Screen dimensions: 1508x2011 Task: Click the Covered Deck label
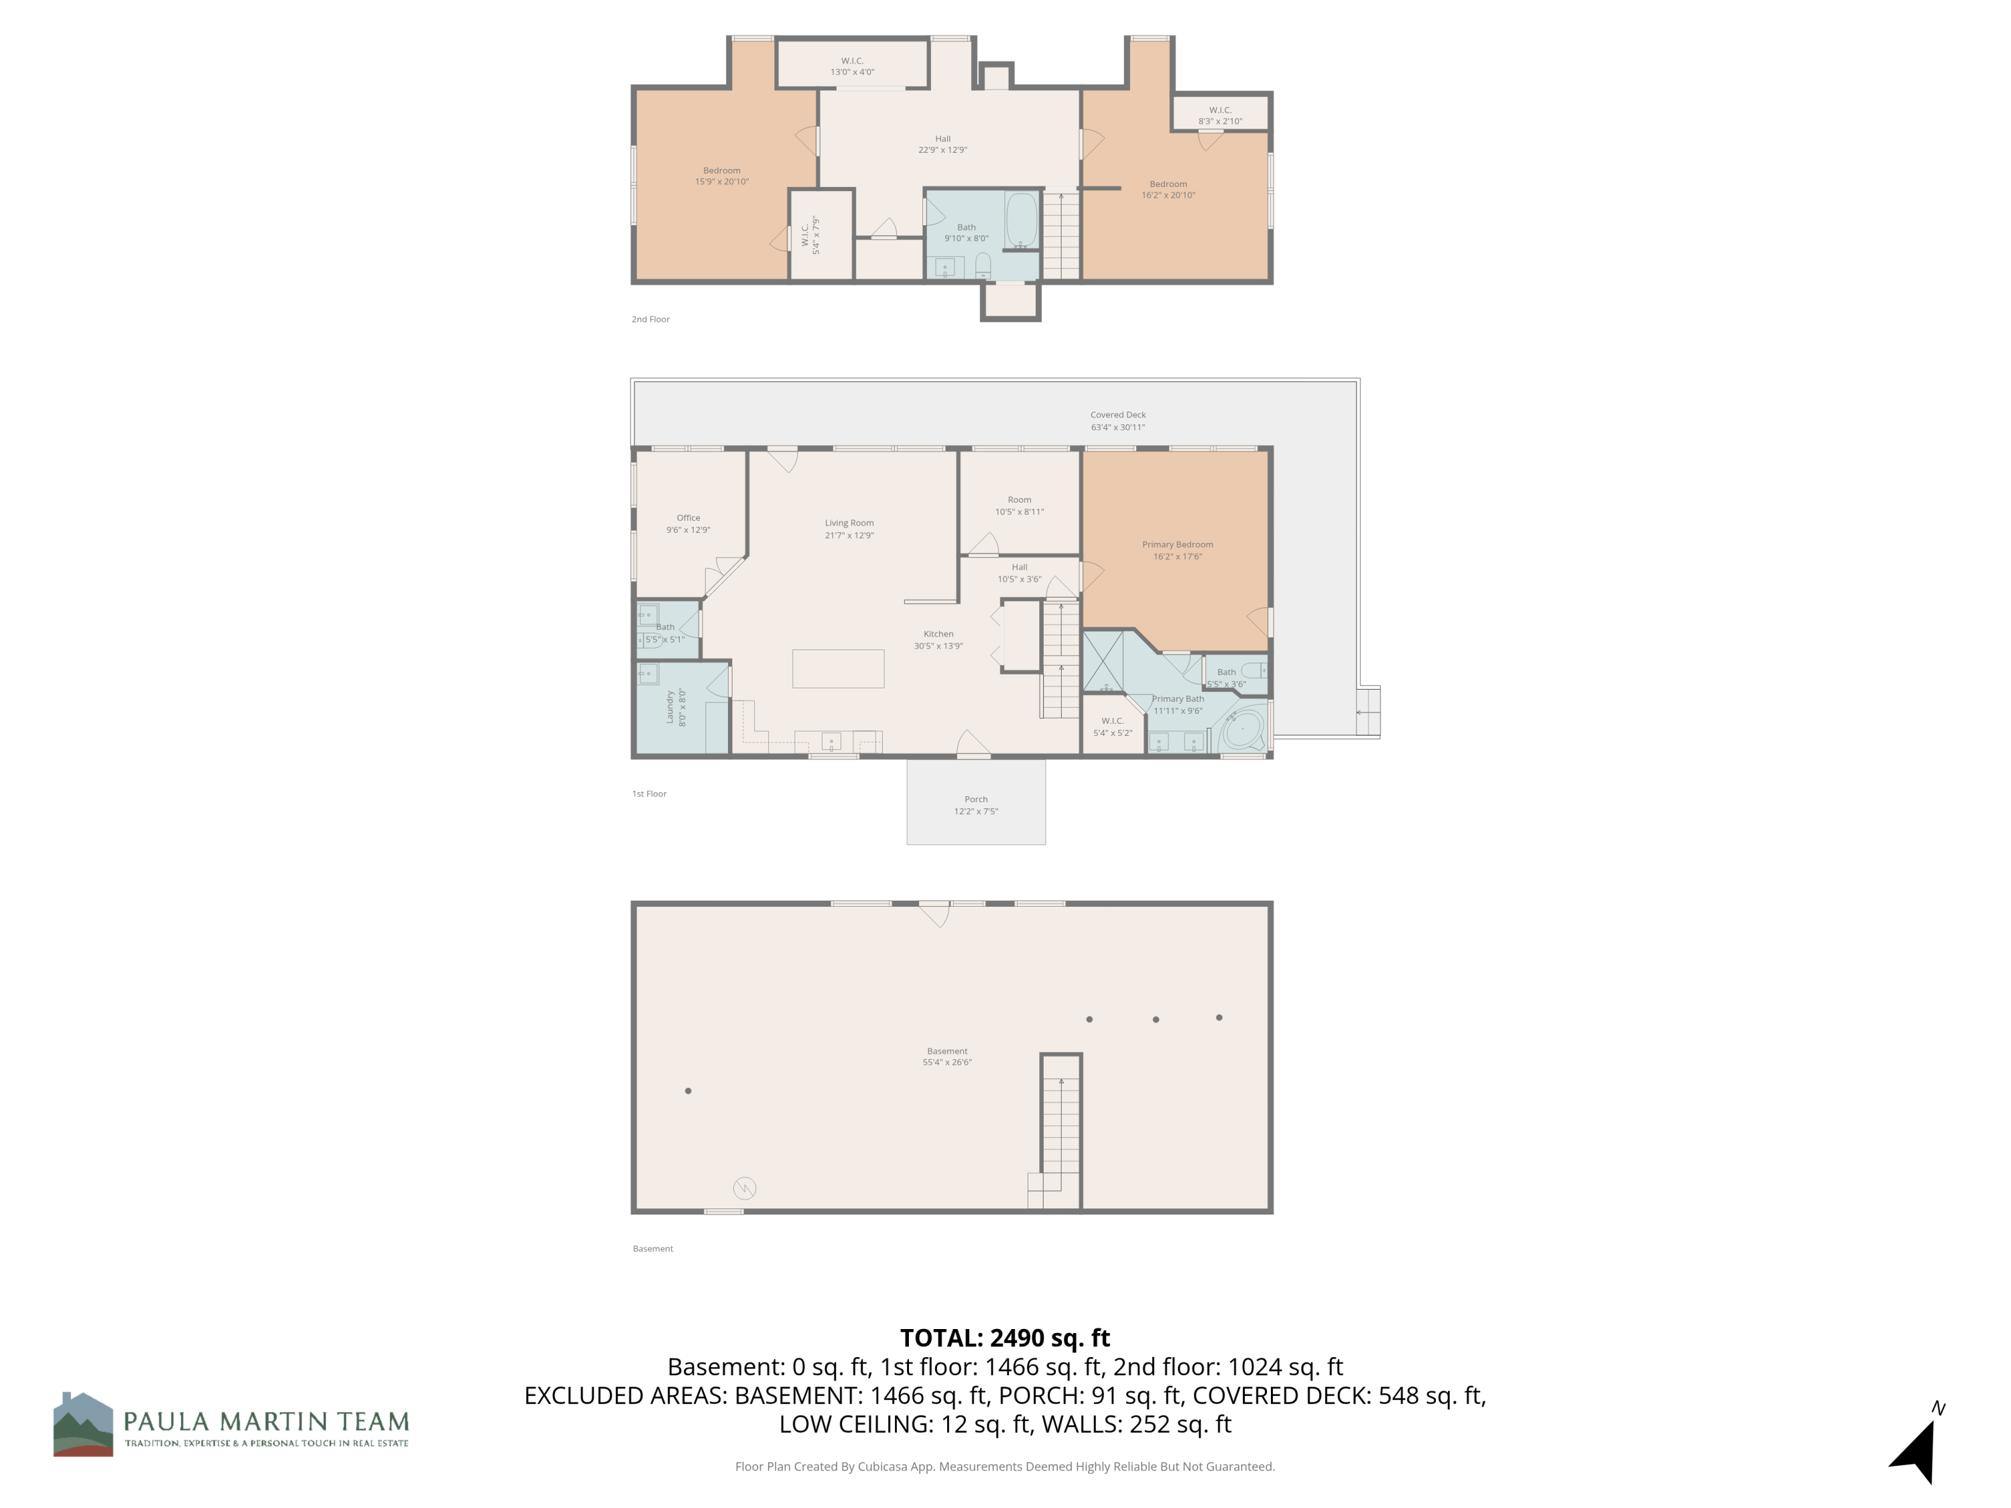1117,421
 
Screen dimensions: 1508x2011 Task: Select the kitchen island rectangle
837,668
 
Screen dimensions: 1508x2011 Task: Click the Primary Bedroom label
1177,550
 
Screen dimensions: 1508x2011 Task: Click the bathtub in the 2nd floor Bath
1022,219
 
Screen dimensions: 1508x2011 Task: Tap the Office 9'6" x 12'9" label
688,523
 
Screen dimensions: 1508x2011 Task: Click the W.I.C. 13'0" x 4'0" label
852,66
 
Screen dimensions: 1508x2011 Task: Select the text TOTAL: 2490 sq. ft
1005,1338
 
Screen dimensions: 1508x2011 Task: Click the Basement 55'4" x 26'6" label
947,1056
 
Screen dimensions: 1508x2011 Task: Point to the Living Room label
849,529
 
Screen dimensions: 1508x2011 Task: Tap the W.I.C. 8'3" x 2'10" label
1220,115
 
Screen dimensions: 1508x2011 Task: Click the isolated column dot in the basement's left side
688,1090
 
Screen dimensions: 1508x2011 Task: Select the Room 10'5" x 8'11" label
1019,505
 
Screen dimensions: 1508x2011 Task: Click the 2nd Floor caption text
651,319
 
